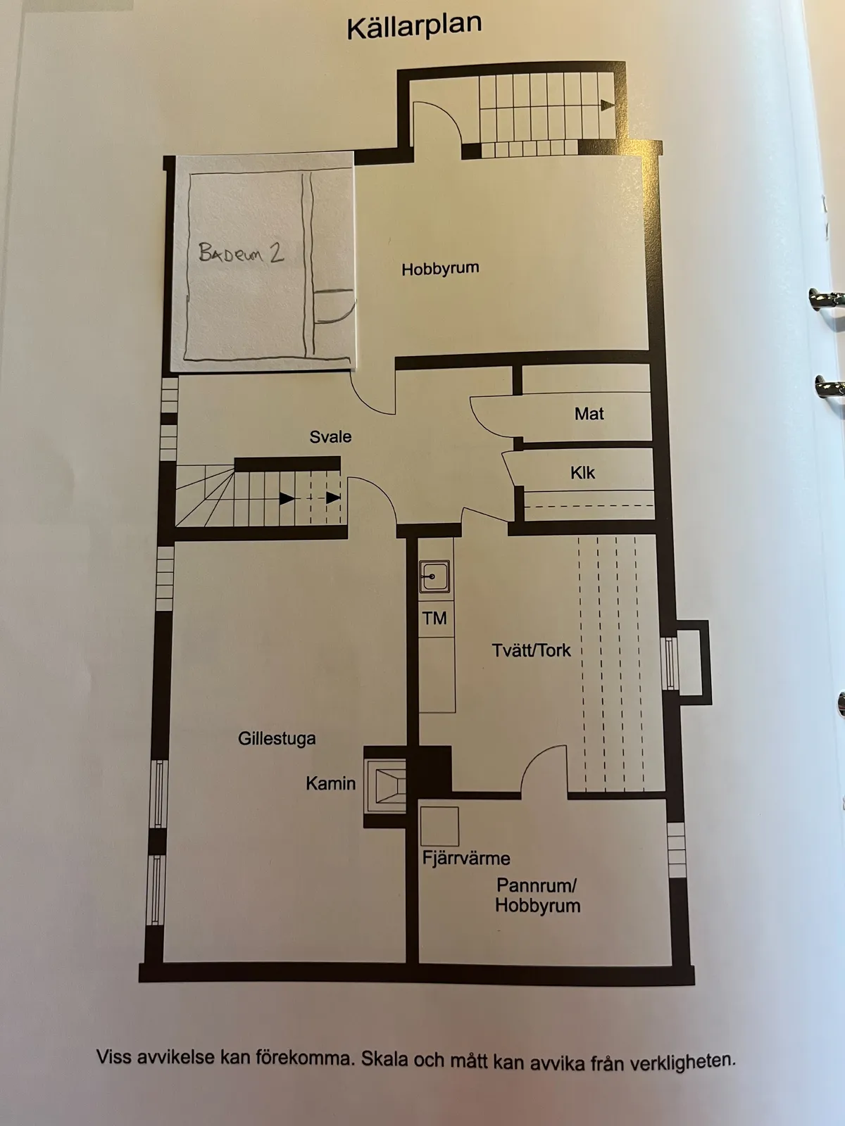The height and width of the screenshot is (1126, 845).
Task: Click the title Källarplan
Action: pyautogui.click(x=414, y=27)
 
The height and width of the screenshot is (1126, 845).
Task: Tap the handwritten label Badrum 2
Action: pyautogui.click(x=241, y=253)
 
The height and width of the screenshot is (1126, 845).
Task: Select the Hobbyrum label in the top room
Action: pyautogui.click(x=440, y=269)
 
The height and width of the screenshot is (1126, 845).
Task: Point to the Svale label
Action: pyautogui.click(x=330, y=437)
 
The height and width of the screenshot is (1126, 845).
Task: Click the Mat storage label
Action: pyautogui.click(x=589, y=414)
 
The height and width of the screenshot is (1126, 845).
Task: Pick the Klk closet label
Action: pyautogui.click(x=582, y=473)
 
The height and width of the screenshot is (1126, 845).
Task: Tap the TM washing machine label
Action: pyautogui.click(x=434, y=619)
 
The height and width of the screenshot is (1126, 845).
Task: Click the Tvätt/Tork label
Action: pyautogui.click(x=531, y=650)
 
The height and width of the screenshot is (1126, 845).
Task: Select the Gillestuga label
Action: pyautogui.click(x=277, y=739)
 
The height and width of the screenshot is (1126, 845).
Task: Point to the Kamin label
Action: pyautogui.click(x=330, y=783)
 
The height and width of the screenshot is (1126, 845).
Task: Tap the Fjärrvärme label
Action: pyautogui.click(x=466, y=859)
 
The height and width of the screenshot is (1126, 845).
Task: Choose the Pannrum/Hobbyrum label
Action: pyautogui.click(x=537, y=895)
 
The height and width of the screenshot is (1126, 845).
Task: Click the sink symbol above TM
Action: pyautogui.click(x=434, y=577)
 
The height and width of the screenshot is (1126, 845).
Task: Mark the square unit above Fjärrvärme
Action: pyautogui.click(x=439, y=826)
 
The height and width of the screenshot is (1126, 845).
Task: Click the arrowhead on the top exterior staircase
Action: pyautogui.click(x=607, y=106)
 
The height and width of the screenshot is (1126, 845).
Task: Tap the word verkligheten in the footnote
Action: pyautogui.click(x=682, y=1061)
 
